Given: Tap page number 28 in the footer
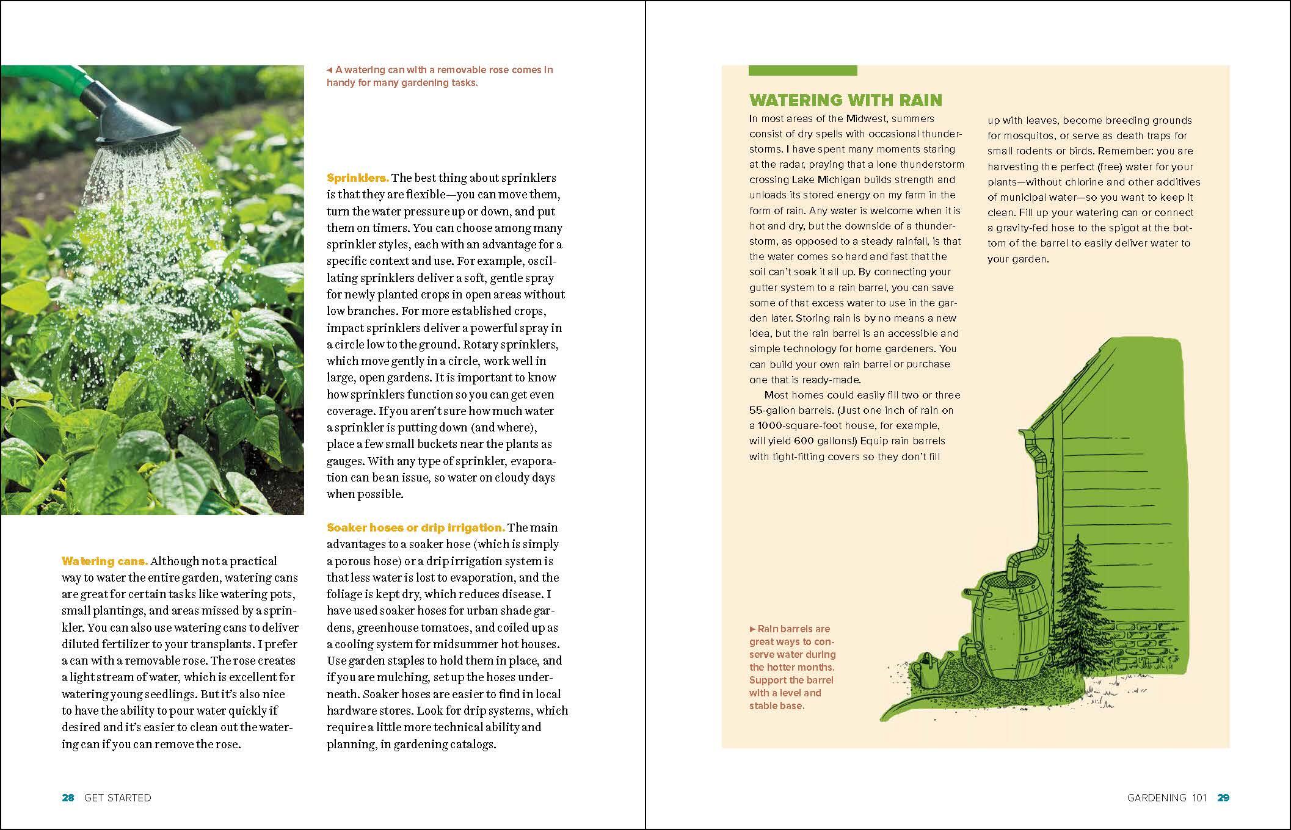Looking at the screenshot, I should pyautogui.click(x=68, y=798).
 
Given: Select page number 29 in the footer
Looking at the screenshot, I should pyautogui.click(x=1223, y=798).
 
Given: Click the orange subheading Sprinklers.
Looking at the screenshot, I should pyautogui.click(x=357, y=178).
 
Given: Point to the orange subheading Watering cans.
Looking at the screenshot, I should pyautogui.click(x=104, y=561).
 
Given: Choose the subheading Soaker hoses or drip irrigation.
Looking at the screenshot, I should pyautogui.click(x=415, y=527).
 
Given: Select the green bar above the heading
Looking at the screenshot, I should pyautogui.click(x=802, y=71).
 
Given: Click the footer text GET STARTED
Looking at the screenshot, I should pyautogui.click(x=117, y=798).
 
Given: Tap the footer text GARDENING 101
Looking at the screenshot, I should pyautogui.click(x=1166, y=798).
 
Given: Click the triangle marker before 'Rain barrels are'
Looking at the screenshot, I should pyautogui.click(x=752, y=629).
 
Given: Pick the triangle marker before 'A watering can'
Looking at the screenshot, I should pyautogui.click(x=330, y=70).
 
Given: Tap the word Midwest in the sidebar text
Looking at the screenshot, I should pyautogui.click(x=865, y=118).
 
